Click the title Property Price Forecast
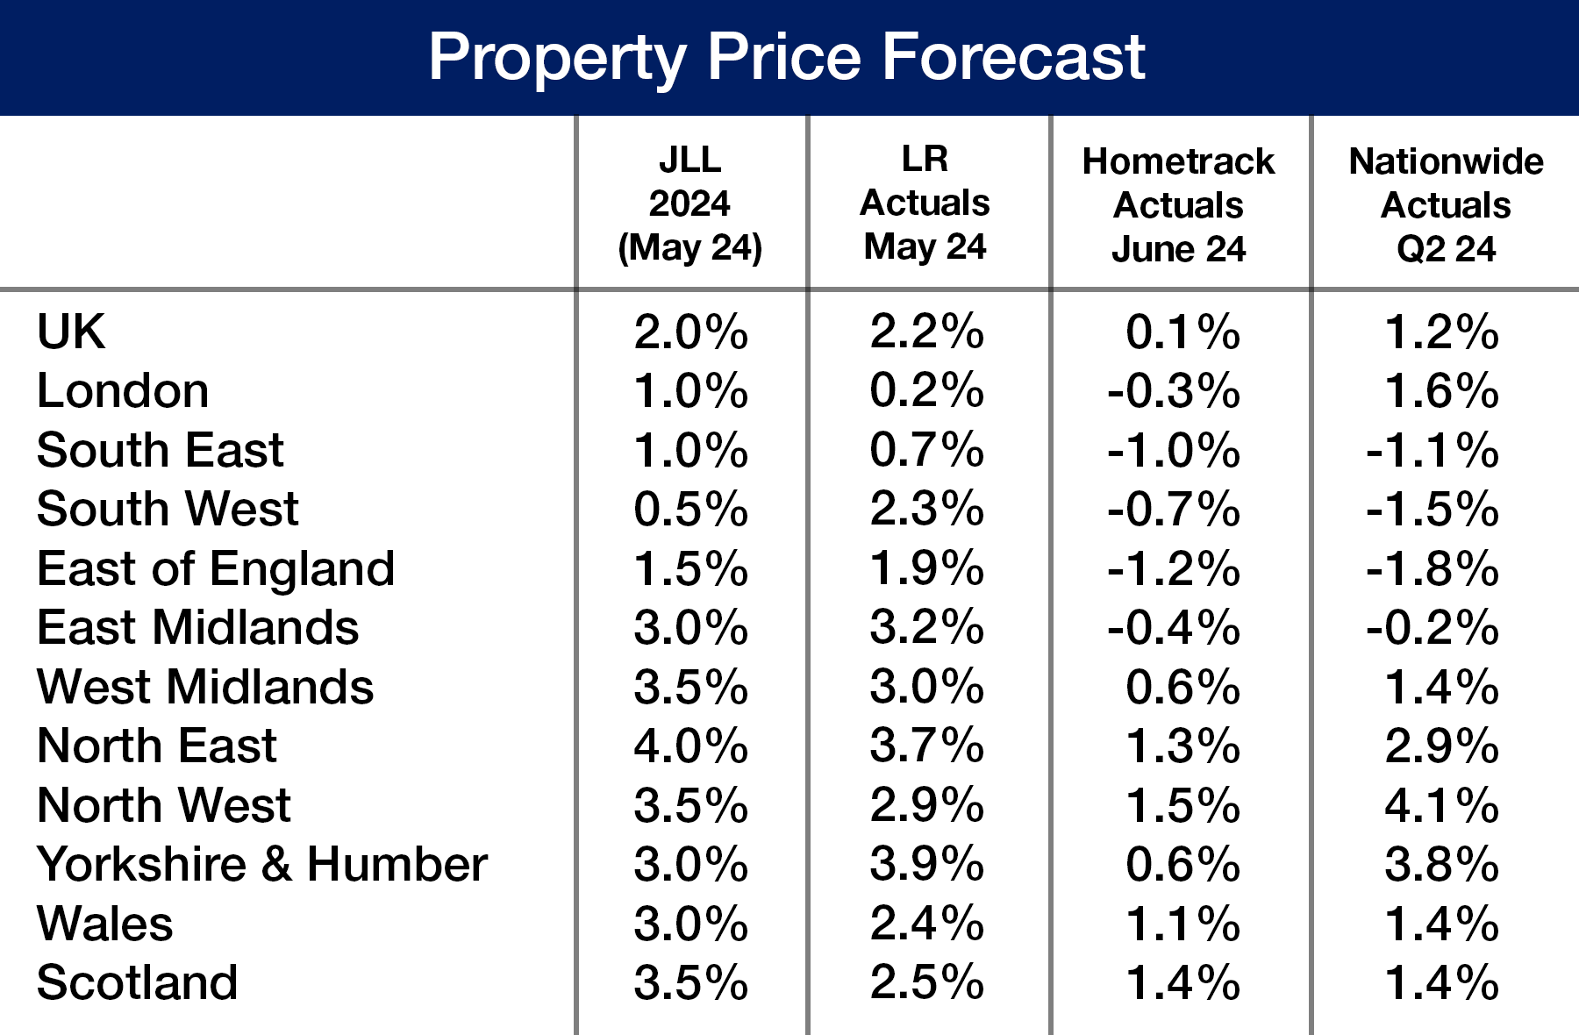(787, 57)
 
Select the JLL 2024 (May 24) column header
(690, 203)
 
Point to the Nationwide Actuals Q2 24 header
(1446, 205)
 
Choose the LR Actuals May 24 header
(925, 203)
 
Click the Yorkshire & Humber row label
(261, 864)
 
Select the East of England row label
(216, 568)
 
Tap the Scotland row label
(137, 982)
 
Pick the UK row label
(71, 332)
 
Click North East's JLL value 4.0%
(690, 746)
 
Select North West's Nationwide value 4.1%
(1441, 805)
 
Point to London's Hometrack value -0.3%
(1173, 391)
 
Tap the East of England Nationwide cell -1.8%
(1432, 568)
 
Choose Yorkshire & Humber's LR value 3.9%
(926, 864)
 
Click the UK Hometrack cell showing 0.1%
(1182, 332)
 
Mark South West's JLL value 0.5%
(690, 510)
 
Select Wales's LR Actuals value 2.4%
(926, 924)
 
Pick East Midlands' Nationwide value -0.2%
(1432, 628)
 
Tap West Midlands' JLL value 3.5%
(690, 687)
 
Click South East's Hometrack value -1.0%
(1173, 451)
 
